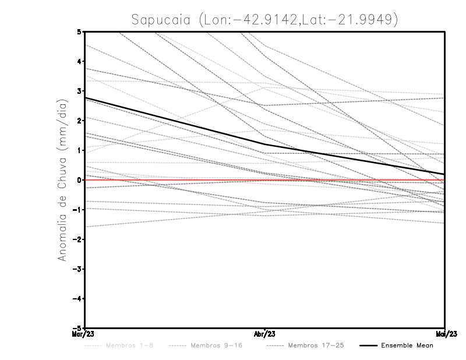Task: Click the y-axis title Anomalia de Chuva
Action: (x=61, y=180)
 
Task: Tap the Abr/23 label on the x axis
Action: (x=265, y=334)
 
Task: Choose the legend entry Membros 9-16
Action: (x=216, y=345)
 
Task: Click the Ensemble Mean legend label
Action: (x=407, y=345)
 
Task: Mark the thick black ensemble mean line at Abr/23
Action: (x=265, y=144)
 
